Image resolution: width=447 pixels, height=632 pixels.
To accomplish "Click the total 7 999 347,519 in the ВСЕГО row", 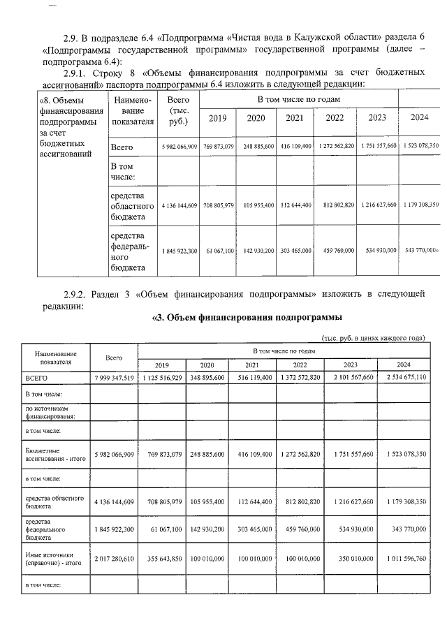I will (113, 378).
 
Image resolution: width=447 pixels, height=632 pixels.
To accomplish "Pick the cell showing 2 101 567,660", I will (351, 378).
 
